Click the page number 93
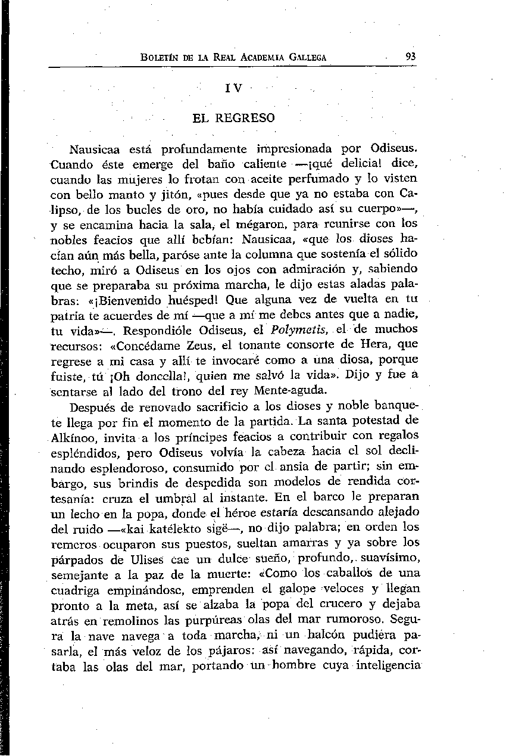[x=410, y=57]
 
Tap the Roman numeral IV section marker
[x=235, y=88]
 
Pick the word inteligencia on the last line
[x=388, y=668]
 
